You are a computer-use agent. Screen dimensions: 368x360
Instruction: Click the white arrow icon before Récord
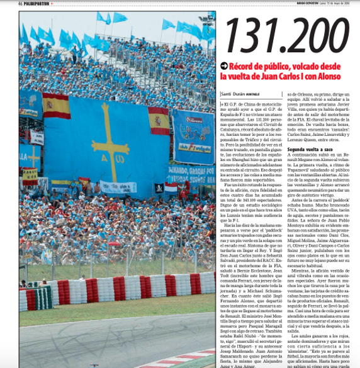point(224,66)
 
